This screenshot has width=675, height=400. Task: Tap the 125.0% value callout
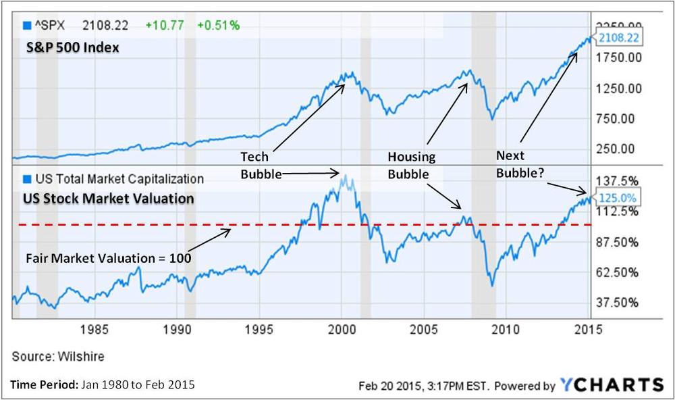coord(616,198)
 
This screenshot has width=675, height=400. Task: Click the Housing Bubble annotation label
coord(411,165)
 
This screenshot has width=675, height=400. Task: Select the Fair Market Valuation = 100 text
coord(109,257)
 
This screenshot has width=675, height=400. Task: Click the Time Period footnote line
coord(102,385)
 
